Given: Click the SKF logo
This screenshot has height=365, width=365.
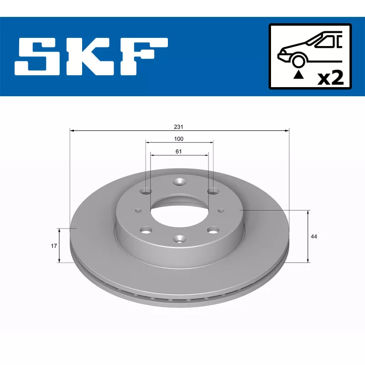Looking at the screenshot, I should click(x=91, y=57).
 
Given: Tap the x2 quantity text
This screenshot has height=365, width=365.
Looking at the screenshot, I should click(x=330, y=78).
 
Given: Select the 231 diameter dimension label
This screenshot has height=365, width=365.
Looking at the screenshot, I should click(x=178, y=126).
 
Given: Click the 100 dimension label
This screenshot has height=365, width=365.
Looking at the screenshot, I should click(x=178, y=139).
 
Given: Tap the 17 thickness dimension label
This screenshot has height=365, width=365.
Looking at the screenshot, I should click(x=54, y=246).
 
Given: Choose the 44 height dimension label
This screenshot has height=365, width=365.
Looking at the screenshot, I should click(x=313, y=236).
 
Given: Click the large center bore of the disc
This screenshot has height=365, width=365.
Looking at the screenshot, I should click(x=179, y=210).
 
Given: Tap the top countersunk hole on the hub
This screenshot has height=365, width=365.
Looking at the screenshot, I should click(x=179, y=182).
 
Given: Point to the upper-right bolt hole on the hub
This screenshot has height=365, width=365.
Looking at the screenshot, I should click(x=212, y=191).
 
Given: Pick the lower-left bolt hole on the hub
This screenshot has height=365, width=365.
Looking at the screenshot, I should click(x=146, y=230).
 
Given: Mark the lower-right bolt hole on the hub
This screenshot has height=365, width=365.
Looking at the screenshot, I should click(x=212, y=230).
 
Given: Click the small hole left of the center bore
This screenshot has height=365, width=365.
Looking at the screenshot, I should click(x=138, y=210).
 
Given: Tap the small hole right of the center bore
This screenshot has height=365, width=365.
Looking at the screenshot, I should click(x=221, y=210).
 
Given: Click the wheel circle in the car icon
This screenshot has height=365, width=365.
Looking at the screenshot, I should click(x=298, y=61).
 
